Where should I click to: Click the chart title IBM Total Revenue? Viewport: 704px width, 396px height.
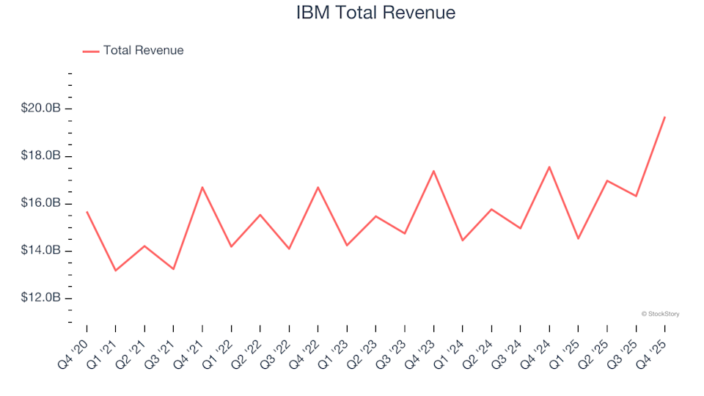pyautogui.click(x=375, y=13)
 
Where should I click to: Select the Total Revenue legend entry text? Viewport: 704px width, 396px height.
pyautogui.click(x=143, y=51)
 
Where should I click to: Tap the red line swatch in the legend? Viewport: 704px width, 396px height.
pyautogui.click(x=91, y=51)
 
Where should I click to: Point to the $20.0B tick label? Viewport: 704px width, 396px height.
pyautogui.click(x=42, y=109)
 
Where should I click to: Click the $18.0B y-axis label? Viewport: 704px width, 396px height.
pyautogui.click(x=42, y=156)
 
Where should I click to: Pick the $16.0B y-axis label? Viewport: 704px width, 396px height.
pyautogui.click(x=42, y=203)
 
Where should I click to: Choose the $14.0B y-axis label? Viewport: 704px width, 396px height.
pyautogui.click(x=42, y=251)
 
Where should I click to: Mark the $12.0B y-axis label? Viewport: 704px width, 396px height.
pyautogui.click(x=42, y=298)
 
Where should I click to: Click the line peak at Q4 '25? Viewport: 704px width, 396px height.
pyautogui.click(x=664, y=117)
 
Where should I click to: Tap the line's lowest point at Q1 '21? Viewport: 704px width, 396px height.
pyautogui.click(x=115, y=271)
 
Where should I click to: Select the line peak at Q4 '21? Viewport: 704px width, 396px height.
pyautogui.click(x=202, y=187)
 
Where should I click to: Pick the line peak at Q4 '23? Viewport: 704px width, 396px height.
pyautogui.click(x=433, y=171)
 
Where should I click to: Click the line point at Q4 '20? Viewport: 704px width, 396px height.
pyautogui.click(x=87, y=212)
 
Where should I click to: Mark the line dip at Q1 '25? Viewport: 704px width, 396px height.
pyautogui.click(x=578, y=238)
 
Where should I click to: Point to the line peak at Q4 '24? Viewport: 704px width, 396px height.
pyautogui.click(x=549, y=166)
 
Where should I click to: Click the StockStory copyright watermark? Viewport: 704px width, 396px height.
pyautogui.click(x=660, y=314)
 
